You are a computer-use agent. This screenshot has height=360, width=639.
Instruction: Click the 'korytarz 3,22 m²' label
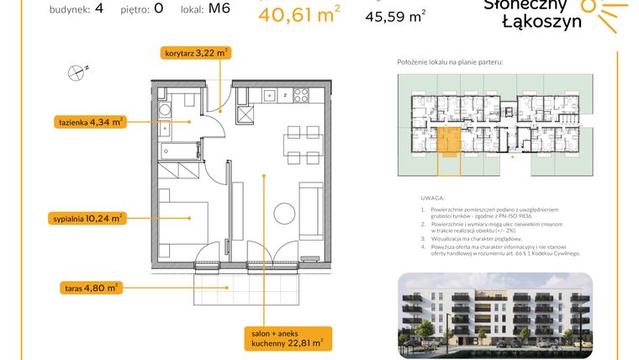[x=195, y=52]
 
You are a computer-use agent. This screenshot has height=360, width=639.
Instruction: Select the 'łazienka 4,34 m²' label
[x=91, y=121]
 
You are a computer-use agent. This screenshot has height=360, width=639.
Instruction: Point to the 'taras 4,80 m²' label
[x=90, y=287]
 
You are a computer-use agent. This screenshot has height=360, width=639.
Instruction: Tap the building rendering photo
[x=494, y=313]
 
